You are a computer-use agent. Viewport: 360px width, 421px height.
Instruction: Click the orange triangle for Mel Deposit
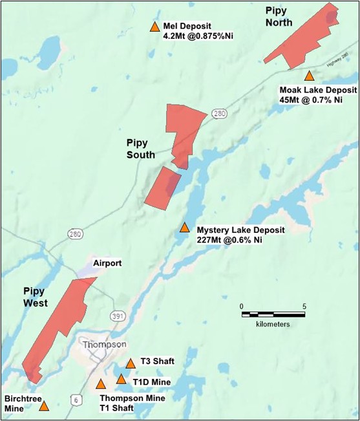(154, 27)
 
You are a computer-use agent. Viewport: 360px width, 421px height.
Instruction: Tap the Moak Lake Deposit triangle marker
(309, 76)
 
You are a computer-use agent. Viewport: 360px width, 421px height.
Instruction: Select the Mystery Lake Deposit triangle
(184, 228)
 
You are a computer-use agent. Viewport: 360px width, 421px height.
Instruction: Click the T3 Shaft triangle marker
(131, 363)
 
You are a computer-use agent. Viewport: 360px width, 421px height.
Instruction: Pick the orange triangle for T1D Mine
(121, 379)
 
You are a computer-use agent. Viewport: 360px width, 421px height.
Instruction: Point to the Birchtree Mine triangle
(44, 406)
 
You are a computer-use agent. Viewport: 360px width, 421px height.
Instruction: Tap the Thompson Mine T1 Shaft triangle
(101, 384)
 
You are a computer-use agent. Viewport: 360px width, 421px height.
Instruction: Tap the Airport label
(107, 264)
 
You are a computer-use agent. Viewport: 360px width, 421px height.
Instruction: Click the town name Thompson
(104, 345)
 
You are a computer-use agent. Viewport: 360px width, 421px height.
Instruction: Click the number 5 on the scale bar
(304, 306)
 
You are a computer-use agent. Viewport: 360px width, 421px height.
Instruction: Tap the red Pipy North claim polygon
(304, 39)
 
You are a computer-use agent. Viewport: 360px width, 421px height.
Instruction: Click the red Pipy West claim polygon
(58, 323)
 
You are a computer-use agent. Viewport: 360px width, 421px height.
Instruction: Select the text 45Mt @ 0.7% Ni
(310, 100)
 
